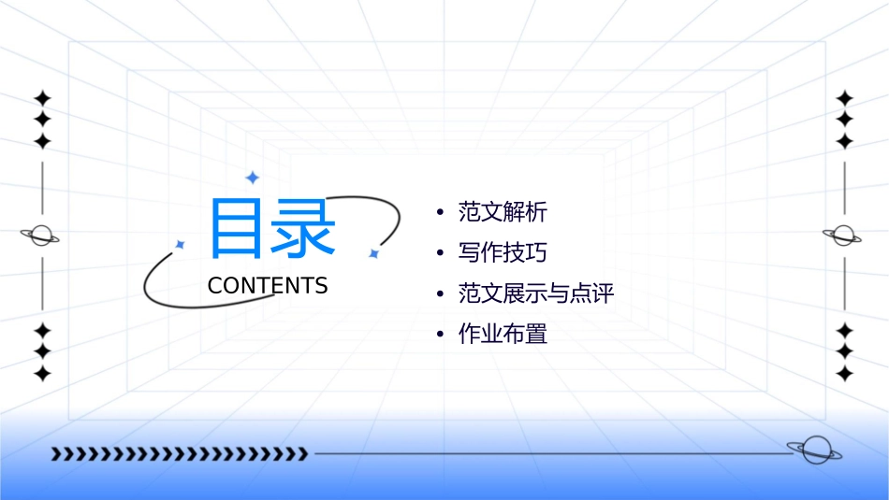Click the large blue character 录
[302, 228]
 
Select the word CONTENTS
[268, 286]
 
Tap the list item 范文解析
[503, 212]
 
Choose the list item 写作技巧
[503, 253]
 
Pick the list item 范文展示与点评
[535, 293]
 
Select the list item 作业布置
[503, 334]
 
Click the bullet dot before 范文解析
[440, 213]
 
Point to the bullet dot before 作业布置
[440, 335]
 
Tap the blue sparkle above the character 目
[251, 177]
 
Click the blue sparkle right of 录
[373, 253]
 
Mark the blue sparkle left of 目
[180, 244]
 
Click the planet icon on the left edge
[41, 236]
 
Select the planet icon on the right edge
[844, 236]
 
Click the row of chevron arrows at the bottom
[179, 454]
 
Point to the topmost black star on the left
[41, 98]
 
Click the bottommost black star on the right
[844, 374]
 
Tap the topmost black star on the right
[844, 98]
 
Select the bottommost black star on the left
[41, 374]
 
